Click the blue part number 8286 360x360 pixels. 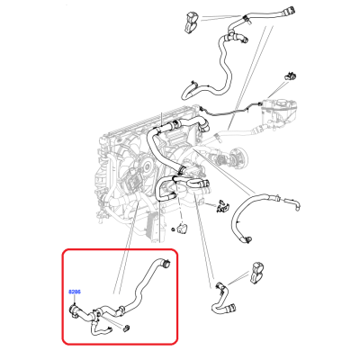75,292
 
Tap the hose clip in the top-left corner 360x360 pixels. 190,22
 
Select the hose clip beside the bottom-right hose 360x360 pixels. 256,273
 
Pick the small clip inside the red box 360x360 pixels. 127,328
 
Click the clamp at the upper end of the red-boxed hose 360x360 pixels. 165,263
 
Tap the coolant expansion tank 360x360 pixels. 279,112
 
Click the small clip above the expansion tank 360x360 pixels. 290,76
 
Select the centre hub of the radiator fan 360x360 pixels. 146,166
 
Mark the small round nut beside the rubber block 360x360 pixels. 174,229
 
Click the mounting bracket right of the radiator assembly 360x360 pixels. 222,206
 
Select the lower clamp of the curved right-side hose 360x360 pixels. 247,239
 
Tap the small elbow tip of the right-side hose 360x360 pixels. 296,205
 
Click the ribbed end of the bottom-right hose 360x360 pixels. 230,308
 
